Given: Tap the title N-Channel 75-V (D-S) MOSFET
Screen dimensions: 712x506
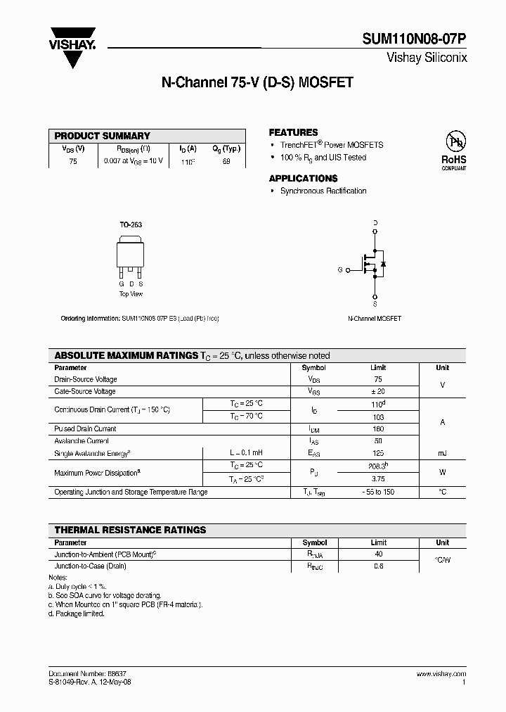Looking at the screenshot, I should (x=257, y=82).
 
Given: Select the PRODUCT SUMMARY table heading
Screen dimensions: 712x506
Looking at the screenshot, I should (x=103, y=136).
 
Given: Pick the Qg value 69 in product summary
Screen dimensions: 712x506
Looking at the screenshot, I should (x=226, y=161).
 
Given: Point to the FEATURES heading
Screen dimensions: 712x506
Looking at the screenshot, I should (x=293, y=132).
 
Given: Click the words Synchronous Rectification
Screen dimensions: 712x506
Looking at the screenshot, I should (x=323, y=191).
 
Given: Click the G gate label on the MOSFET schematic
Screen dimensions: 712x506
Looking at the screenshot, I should (x=340, y=269).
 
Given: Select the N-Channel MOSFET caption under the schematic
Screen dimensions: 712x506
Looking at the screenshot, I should (x=375, y=319).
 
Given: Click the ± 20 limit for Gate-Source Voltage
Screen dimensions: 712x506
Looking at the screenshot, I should (x=378, y=391).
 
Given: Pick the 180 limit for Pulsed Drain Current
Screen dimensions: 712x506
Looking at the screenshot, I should (x=378, y=428).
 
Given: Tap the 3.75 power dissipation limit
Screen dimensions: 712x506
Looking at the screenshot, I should (x=378, y=479).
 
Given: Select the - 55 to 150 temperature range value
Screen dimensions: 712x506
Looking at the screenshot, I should (x=378, y=492).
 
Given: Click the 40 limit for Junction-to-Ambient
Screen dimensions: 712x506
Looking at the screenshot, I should (x=378, y=554).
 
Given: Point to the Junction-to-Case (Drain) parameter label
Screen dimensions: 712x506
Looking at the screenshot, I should (x=90, y=565).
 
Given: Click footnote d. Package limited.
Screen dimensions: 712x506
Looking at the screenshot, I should (x=77, y=614).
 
